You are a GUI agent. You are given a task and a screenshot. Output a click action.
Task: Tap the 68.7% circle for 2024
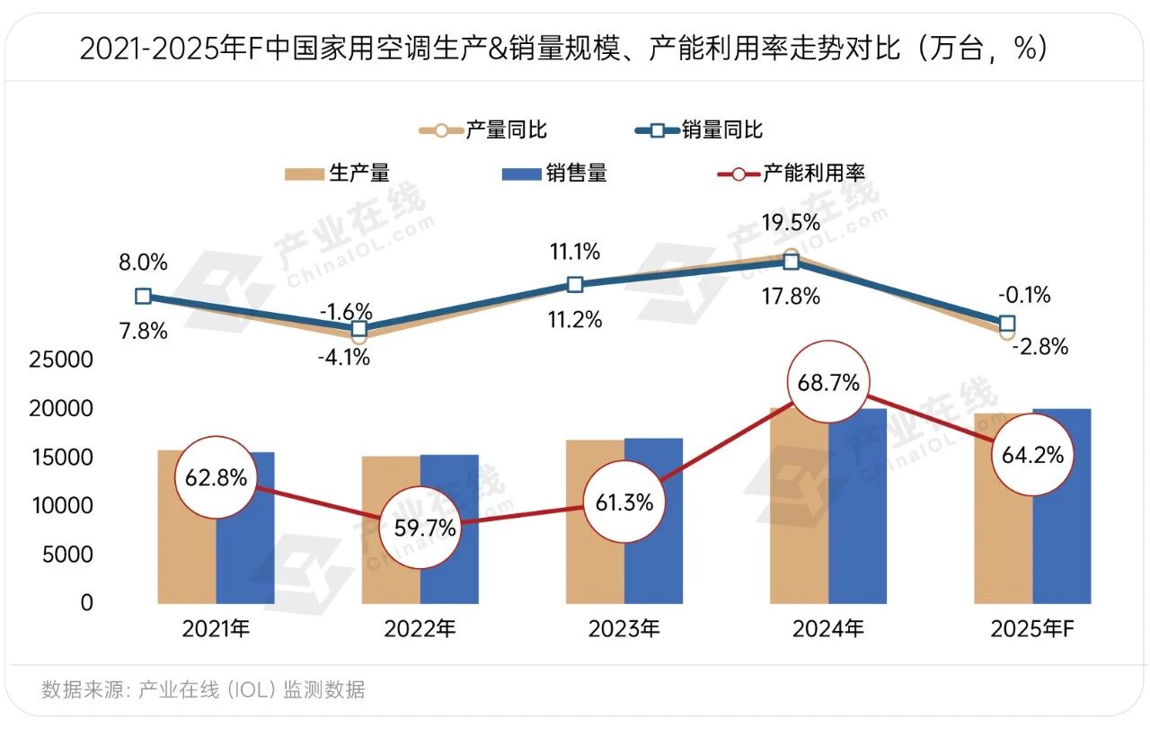(x=828, y=382)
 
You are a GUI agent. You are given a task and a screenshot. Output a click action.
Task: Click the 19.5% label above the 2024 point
(x=789, y=222)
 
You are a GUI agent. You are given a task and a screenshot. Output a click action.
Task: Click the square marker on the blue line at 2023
(x=575, y=285)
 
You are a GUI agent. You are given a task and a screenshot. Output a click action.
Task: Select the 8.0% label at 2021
(x=143, y=263)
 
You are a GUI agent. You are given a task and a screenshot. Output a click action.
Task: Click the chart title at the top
(x=563, y=49)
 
